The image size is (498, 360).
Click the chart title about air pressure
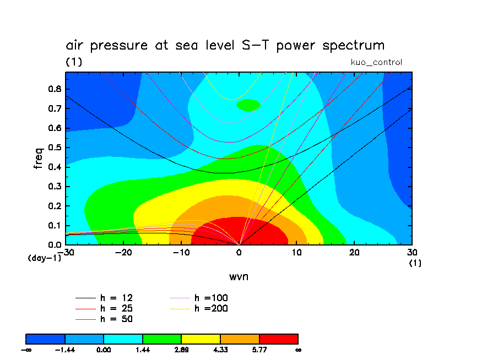(x=225, y=46)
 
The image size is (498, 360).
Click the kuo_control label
(x=376, y=62)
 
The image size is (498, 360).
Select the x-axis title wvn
(x=239, y=276)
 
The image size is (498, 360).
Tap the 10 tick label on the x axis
(x=296, y=252)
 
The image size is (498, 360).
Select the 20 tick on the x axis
(x=354, y=252)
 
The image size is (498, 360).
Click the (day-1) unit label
(x=44, y=258)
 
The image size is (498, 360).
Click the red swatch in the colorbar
(x=278, y=339)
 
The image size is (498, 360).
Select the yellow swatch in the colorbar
(x=201, y=339)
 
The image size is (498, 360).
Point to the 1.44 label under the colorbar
(x=142, y=350)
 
